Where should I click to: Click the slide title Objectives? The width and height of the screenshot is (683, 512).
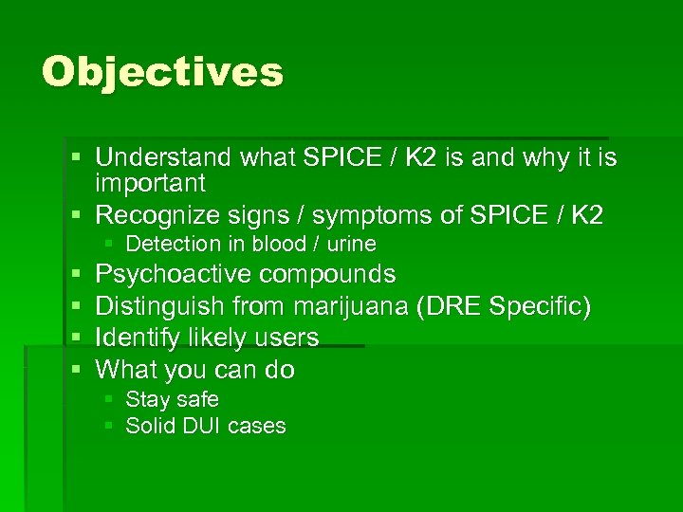[x=162, y=72]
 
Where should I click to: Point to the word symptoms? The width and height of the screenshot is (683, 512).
[x=366, y=216]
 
